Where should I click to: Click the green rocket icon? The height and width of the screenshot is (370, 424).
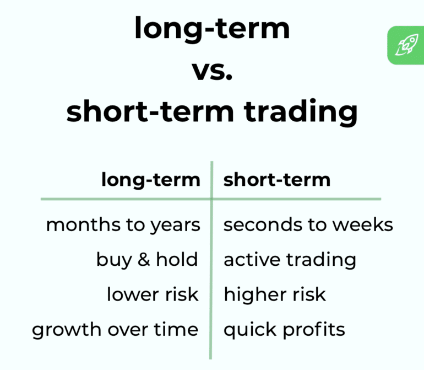coord(405,45)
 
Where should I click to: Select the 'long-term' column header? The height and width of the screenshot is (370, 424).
coord(150,180)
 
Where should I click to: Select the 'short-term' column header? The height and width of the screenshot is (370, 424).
coord(277,180)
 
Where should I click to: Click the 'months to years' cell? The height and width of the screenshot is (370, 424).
coord(123,225)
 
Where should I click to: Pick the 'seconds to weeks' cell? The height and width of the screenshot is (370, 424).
coord(308,225)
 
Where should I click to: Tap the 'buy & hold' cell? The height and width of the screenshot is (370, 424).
coord(147,259)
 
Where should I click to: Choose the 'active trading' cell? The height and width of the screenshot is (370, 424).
coord(290,259)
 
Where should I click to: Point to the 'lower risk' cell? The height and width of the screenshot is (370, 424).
coord(153,294)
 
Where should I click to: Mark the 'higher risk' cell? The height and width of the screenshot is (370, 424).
coord(275,294)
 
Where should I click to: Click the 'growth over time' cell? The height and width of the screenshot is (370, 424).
coord(115,329)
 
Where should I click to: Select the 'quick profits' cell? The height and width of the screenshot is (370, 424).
coord(284,330)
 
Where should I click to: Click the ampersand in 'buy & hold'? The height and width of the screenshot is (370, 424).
coord(144,259)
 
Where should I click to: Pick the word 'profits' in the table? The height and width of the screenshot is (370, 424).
coord(314,330)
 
